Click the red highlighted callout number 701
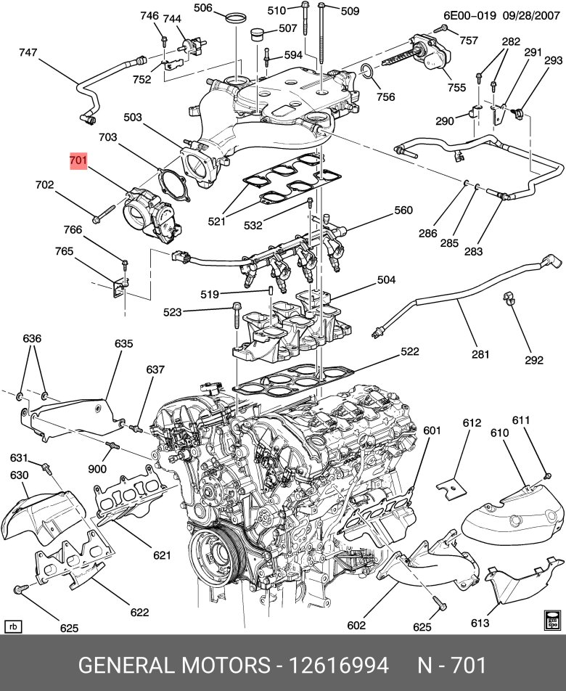[78, 161]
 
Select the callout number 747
[28, 52]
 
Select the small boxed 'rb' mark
[12, 626]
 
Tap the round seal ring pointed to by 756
[368, 71]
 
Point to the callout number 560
[403, 211]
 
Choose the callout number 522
[410, 352]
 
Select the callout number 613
[480, 623]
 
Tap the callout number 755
[456, 88]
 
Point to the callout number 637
[155, 369]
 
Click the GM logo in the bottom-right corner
[551, 618]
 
